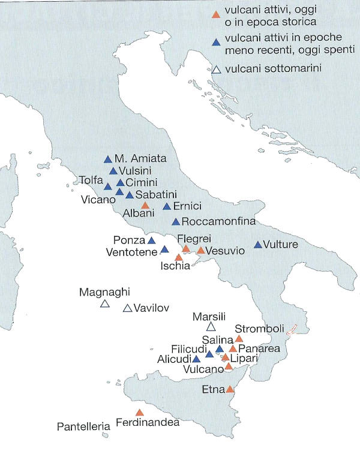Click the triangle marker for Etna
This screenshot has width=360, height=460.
231,389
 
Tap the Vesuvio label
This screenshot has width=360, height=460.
225,251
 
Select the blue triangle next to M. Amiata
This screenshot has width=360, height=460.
108,160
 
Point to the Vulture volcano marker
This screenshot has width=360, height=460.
258,245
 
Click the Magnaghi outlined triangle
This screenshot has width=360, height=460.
104,304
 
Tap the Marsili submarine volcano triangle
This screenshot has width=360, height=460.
211,327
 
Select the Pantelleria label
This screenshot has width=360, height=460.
83,427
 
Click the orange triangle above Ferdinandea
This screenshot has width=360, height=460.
140,413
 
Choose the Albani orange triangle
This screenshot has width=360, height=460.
145,205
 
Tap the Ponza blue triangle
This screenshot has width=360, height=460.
151,240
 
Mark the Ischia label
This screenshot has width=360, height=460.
176,266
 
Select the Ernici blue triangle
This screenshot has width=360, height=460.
167,206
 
